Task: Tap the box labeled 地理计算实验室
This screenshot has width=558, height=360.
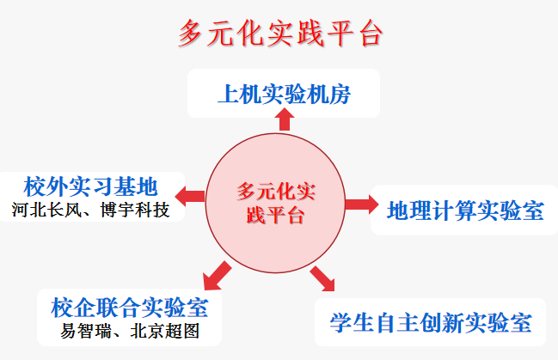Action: pos(465,211)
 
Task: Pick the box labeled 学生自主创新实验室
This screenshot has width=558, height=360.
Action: pos(431,322)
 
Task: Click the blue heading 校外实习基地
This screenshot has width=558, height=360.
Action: pos(91,186)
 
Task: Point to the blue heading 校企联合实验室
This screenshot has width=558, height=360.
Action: pos(129,308)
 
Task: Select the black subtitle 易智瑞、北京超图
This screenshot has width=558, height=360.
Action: pos(129,331)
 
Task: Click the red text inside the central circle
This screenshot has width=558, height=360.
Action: pos(275,203)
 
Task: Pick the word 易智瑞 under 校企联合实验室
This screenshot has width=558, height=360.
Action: pos(85,331)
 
